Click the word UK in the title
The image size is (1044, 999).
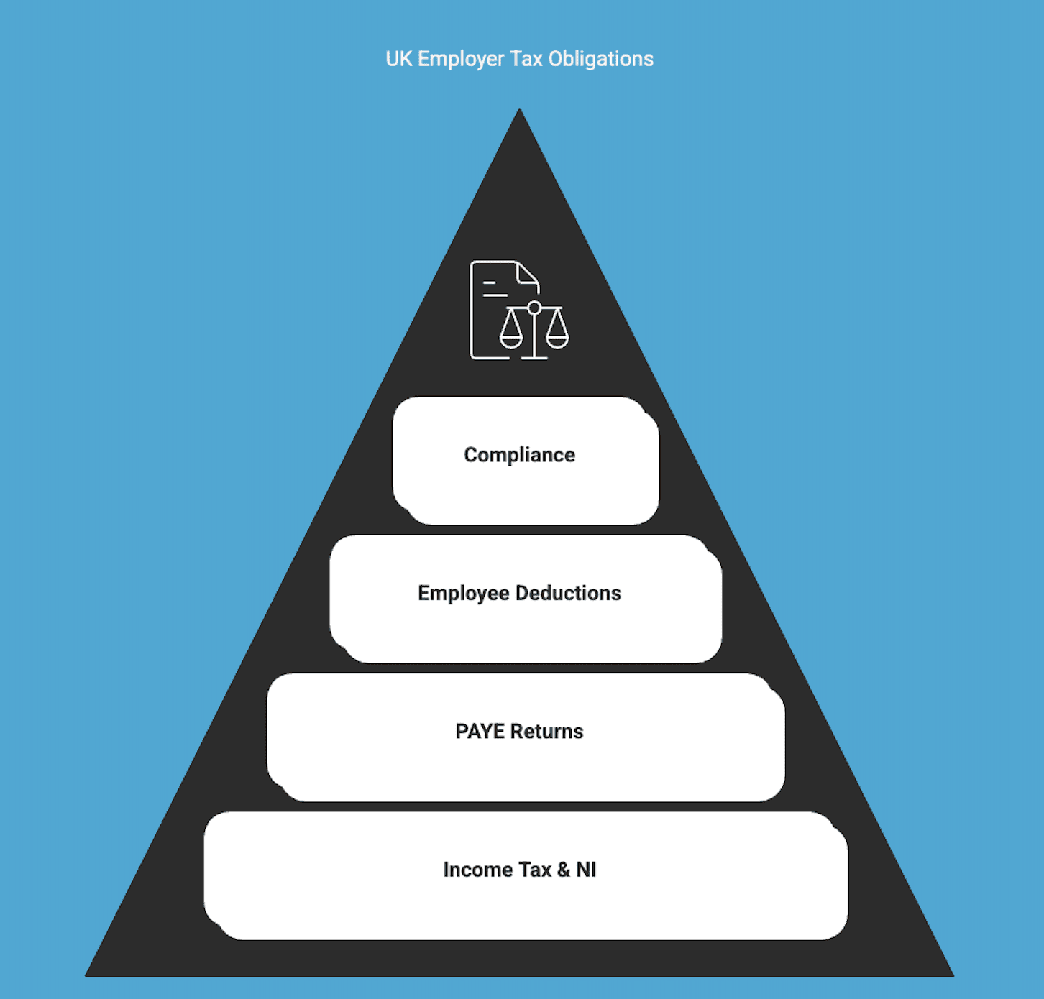(398, 59)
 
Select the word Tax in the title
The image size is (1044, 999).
(526, 59)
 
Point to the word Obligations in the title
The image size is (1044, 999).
(600, 59)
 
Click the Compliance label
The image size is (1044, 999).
(519, 455)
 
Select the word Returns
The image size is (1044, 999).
(547, 732)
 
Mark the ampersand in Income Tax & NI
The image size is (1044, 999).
(564, 870)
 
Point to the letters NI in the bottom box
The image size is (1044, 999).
(586, 870)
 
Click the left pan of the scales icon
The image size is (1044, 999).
(511, 338)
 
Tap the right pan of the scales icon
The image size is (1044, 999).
(557, 338)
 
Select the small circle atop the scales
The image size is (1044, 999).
(534, 308)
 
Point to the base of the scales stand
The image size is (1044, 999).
(534, 357)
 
